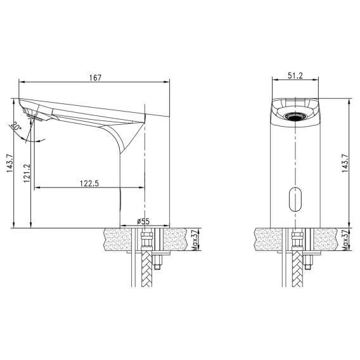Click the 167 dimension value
pyautogui.click(x=95, y=78)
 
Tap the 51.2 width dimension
pyautogui.click(x=295, y=75)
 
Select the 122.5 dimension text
pyautogui.click(x=89, y=183)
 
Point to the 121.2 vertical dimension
pyautogui.click(x=27, y=173)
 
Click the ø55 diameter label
pyautogui.click(x=143, y=221)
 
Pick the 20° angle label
pyautogui.click(x=15, y=126)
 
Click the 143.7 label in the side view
pyautogui.click(x=10, y=164)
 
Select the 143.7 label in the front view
pyautogui.click(x=345, y=164)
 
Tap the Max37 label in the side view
pyautogui.click(x=195, y=240)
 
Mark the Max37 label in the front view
pyautogui.click(x=345, y=240)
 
